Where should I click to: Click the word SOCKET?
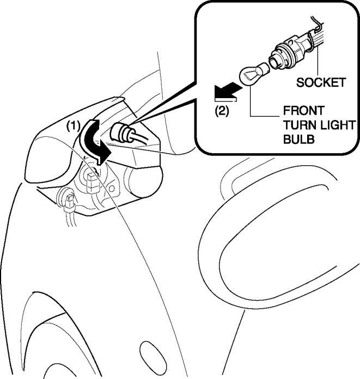(321, 82)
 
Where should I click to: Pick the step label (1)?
(74, 125)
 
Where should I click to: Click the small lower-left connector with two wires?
(69, 202)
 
